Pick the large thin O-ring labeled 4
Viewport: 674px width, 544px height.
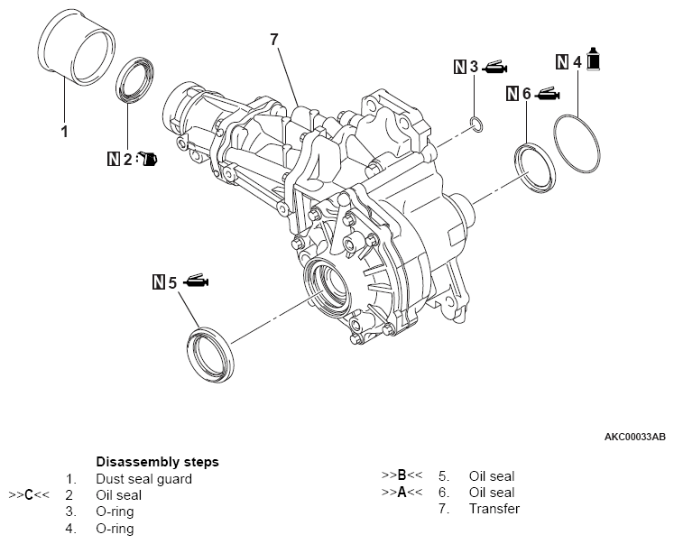point(579,143)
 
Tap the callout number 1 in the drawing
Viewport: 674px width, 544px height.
point(64,132)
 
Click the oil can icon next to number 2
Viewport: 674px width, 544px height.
point(148,160)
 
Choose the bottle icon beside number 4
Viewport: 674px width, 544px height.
point(595,60)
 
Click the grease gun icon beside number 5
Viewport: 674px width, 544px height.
point(195,282)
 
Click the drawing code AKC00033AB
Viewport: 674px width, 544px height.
point(634,437)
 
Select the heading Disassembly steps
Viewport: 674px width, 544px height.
point(157,462)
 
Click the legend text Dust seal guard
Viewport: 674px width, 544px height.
point(143,479)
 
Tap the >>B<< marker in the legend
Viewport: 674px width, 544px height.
point(402,475)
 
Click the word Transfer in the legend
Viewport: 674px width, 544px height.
point(494,509)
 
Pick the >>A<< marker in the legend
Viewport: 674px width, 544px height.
point(402,493)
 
